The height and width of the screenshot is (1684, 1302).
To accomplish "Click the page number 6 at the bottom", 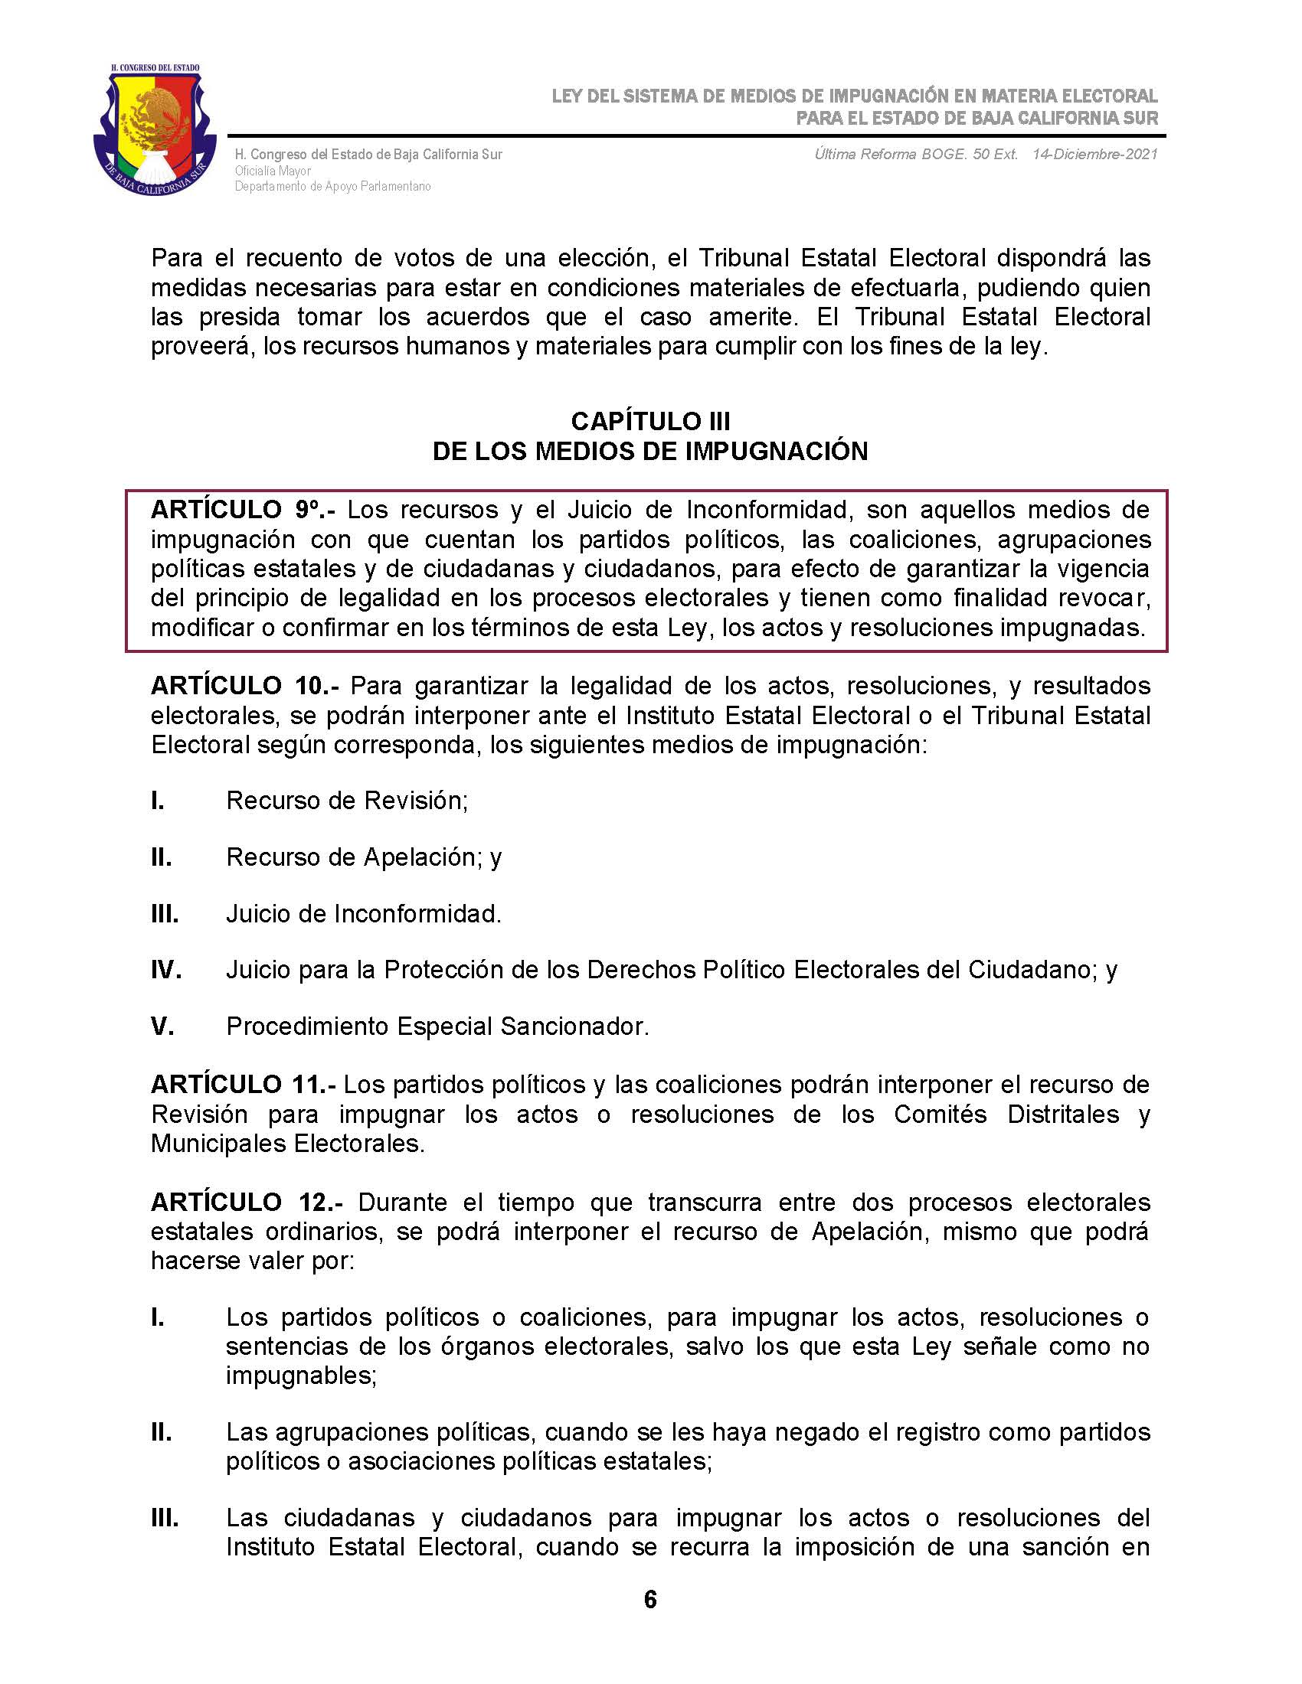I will point(650,1599).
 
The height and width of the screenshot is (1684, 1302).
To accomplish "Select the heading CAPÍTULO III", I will point(650,421).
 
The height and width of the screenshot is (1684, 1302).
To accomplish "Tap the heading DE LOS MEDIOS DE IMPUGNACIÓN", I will point(650,451).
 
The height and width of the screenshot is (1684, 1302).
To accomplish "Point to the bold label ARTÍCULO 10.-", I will point(247,686).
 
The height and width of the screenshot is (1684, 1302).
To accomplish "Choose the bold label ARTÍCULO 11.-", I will point(243,1084).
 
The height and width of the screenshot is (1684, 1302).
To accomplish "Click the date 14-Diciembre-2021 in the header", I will point(1094,154).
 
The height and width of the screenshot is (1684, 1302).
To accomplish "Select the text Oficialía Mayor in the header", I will point(273,171).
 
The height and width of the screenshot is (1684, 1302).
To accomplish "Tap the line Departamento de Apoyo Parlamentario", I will point(332,187).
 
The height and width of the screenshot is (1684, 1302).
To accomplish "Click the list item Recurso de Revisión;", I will point(347,801).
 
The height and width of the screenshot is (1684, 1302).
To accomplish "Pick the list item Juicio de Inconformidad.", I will point(363,914).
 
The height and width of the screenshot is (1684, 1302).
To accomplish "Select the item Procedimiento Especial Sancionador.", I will point(437,1026).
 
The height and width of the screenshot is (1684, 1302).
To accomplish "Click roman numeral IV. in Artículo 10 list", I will point(166,970).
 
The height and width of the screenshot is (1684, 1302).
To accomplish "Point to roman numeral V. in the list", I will point(162,1026).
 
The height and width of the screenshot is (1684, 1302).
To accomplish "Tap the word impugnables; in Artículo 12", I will point(301,1375).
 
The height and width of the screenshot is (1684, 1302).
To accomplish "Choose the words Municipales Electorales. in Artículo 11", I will point(288,1143).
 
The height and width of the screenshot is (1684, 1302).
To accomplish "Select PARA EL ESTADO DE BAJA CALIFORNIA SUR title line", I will point(976,118).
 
